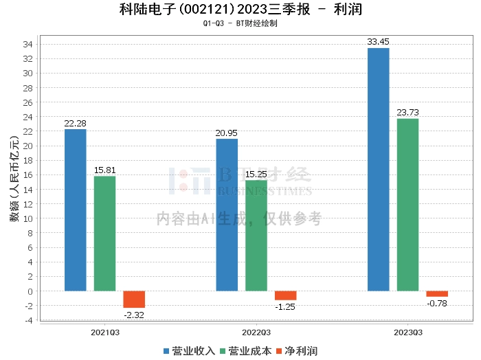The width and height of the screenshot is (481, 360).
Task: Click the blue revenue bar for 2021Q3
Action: [x=76, y=210]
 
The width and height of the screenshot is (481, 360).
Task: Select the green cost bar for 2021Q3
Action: [x=104, y=234]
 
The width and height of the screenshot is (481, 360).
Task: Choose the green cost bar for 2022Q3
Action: [x=256, y=236]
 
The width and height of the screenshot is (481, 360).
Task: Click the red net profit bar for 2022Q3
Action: [x=285, y=295]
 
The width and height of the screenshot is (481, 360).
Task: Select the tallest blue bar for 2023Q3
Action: [x=378, y=169]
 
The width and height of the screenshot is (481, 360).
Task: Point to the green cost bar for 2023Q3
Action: [x=407, y=205]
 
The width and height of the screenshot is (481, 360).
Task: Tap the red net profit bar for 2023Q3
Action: [x=437, y=294]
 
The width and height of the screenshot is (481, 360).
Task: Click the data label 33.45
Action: [x=378, y=42]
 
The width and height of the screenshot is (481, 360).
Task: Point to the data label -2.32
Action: [x=134, y=315]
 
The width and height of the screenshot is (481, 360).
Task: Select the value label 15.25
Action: [x=256, y=175]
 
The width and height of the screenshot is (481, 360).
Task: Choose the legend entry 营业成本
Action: [x=250, y=351]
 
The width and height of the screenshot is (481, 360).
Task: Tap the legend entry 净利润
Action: [x=301, y=351]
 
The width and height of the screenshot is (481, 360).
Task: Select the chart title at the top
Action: [x=240, y=10]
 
